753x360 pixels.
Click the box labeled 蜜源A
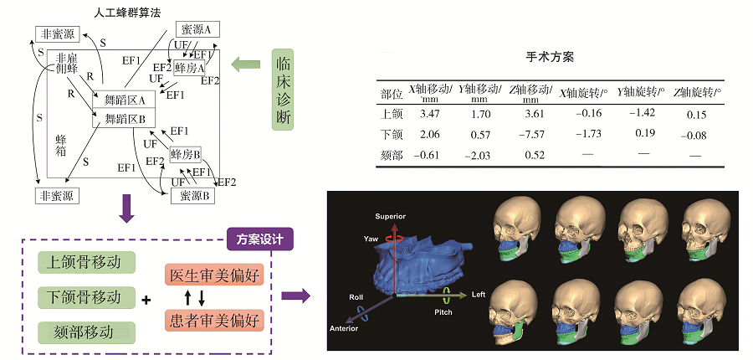tap(197, 30)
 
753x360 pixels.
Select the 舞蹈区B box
tap(124, 119)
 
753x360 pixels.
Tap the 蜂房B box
tap(185, 154)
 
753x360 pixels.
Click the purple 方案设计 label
tap(259, 239)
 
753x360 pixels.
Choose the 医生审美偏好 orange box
tap(214, 275)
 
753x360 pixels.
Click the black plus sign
tap(146, 301)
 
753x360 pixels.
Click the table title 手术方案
tap(550, 57)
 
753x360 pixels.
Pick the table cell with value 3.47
tap(429, 115)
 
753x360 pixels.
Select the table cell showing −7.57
tap(531, 135)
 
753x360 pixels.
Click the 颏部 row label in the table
tap(392, 156)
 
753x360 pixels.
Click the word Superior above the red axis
tap(391, 216)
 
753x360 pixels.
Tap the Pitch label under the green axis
tap(443, 312)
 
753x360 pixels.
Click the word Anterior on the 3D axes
tap(344, 328)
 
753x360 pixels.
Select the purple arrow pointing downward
tap(127, 208)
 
